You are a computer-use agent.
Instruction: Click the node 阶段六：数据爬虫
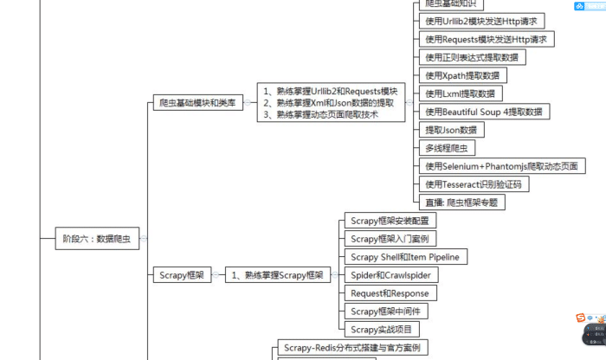coord(95,238)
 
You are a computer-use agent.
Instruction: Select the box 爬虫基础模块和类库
coord(197,102)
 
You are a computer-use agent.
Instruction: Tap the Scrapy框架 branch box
coord(182,275)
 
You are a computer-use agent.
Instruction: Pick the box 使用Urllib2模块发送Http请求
coord(480,21)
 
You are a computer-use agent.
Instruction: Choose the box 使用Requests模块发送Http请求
coord(486,39)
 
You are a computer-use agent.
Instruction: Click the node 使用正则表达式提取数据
coord(472,57)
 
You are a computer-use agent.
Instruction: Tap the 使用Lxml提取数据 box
coord(460,93)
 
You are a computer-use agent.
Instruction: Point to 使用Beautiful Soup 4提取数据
coord(484,112)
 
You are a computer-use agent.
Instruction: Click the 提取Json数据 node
coord(450,130)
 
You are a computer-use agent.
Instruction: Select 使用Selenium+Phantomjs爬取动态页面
coord(499,166)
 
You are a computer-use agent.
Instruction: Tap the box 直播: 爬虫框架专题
coord(461,202)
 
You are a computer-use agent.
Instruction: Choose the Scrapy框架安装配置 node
coord(390,221)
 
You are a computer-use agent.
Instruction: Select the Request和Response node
coord(390,293)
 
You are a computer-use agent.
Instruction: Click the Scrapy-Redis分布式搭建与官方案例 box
coord(351,348)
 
